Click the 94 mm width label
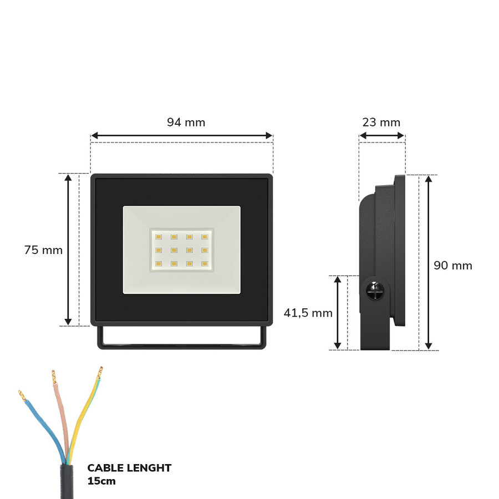point(186,123)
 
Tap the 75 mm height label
point(43,250)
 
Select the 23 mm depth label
point(381,123)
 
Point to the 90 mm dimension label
point(453,266)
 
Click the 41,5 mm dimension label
point(308,313)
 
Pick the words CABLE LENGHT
point(129,468)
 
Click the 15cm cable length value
point(101,481)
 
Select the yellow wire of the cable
point(83,410)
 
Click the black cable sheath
point(67,482)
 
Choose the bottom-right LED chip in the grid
point(205,263)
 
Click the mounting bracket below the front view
point(181,345)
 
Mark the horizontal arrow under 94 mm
point(181,135)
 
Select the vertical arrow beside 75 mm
point(68,249)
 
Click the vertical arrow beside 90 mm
point(428,262)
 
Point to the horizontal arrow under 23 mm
point(382,135)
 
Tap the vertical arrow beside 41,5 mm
point(337,313)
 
